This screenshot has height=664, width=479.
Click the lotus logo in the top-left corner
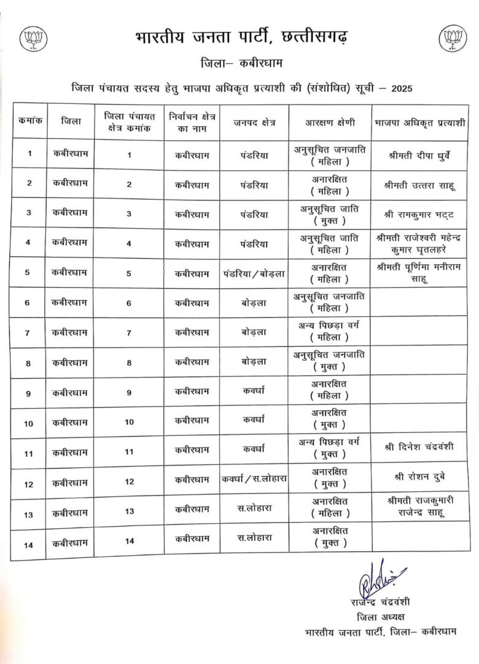[31, 39]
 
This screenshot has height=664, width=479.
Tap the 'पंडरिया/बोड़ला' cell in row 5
[254, 274]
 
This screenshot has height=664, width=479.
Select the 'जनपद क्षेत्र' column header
[254, 122]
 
